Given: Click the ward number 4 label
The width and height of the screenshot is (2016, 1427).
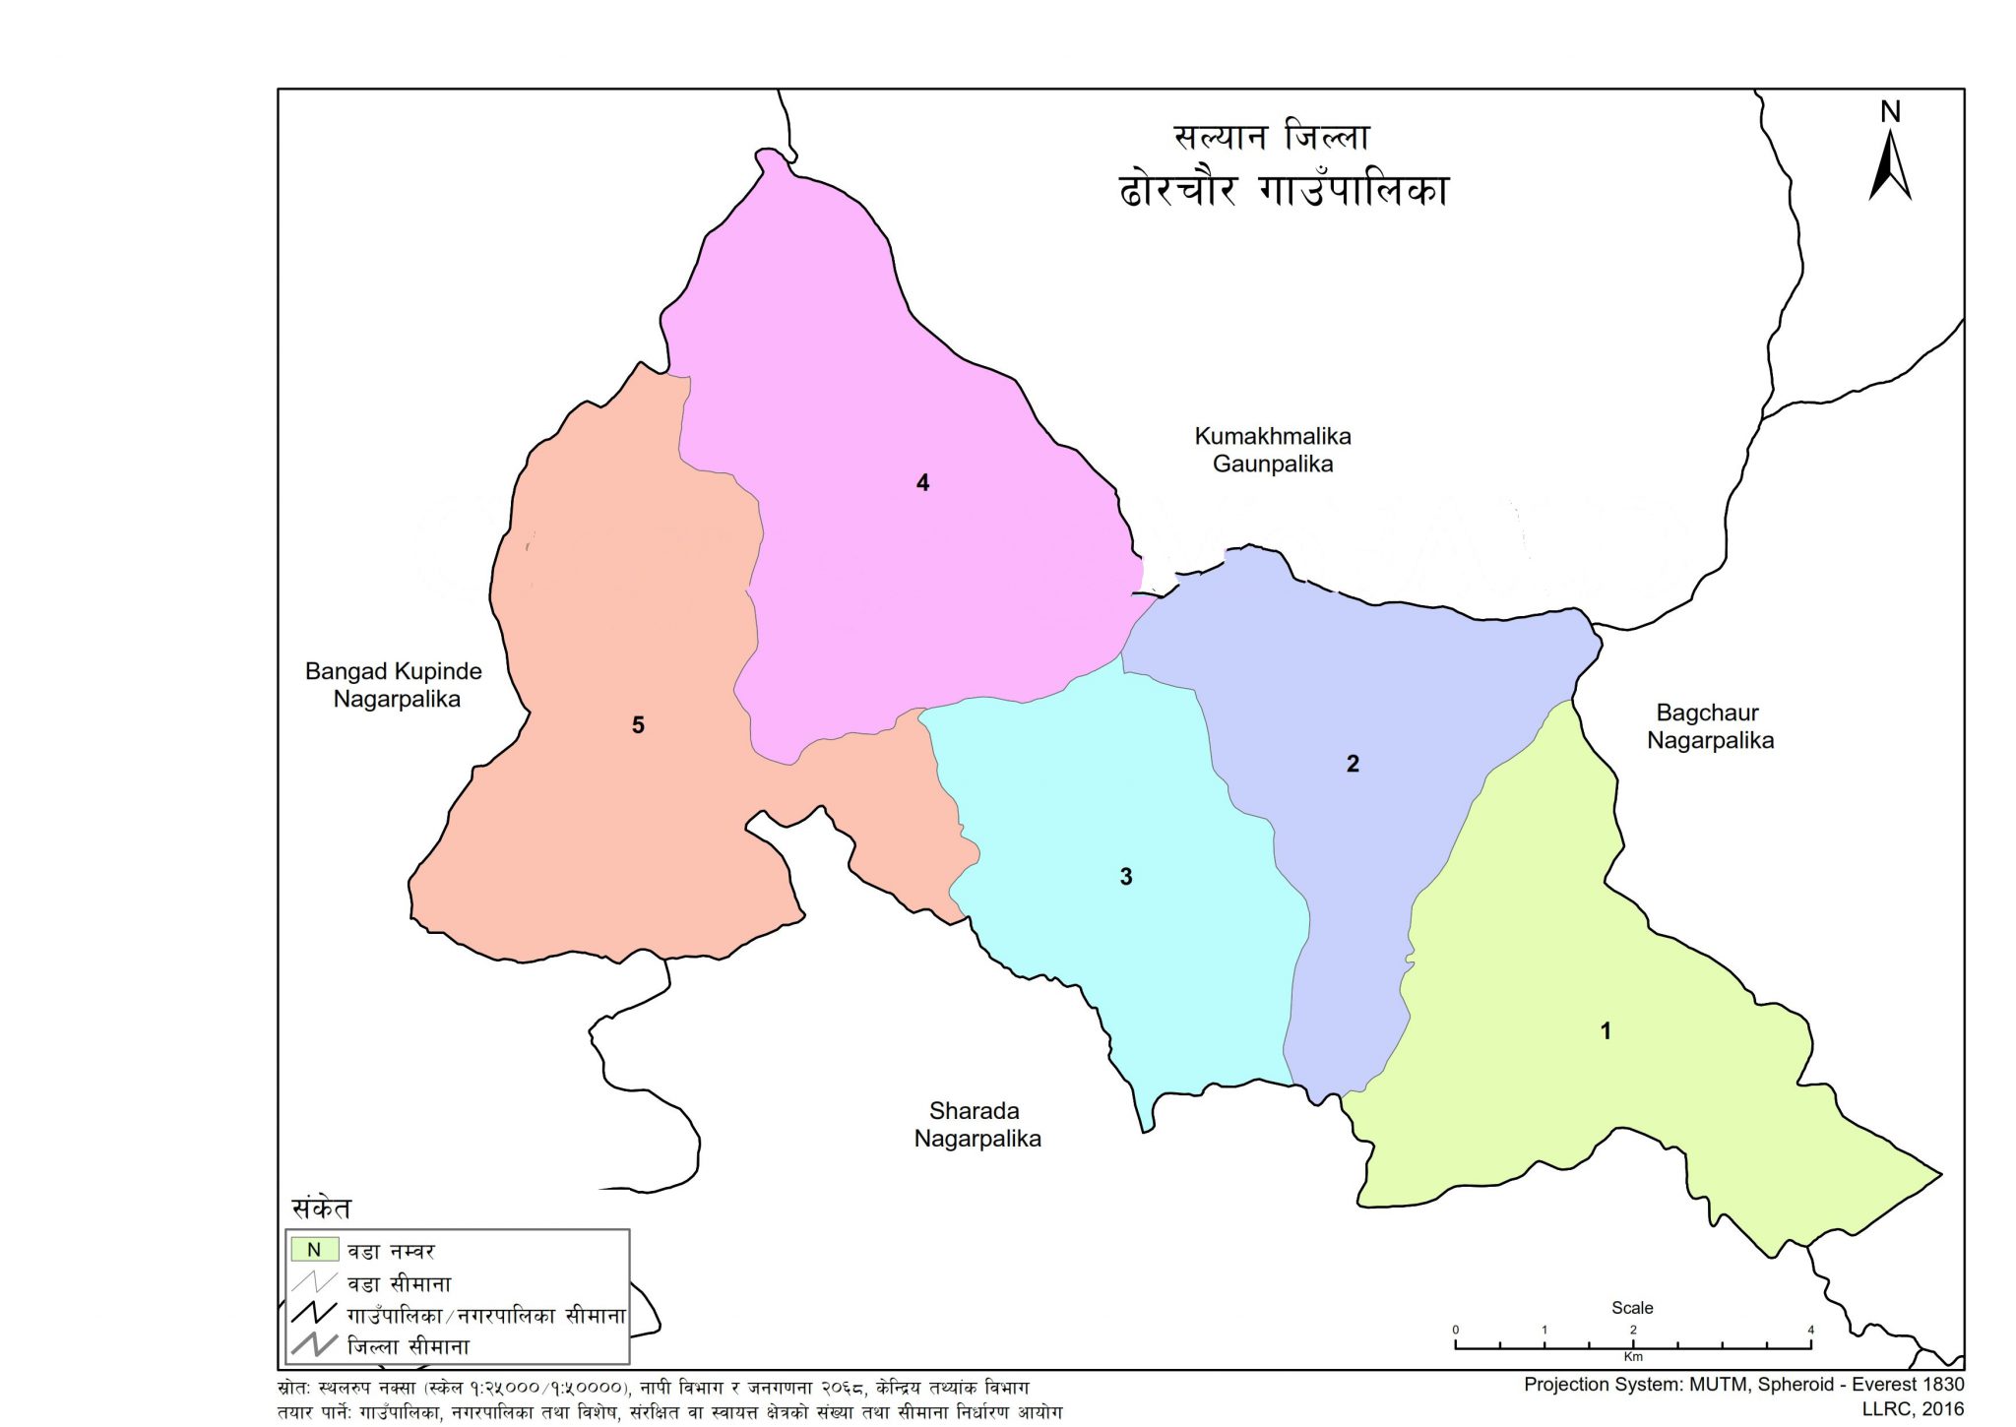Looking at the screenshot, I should click(x=922, y=482).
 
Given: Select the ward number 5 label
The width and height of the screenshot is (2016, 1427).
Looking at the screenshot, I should click(x=638, y=725).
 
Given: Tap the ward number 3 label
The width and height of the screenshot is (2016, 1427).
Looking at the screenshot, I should click(x=1126, y=877).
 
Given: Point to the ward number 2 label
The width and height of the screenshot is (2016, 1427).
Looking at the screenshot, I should click(x=1353, y=764).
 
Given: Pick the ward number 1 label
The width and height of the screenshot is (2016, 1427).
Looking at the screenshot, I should click(x=1606, y=1031).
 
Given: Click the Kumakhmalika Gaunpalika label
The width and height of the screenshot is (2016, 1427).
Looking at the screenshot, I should click(x=1272, y=450).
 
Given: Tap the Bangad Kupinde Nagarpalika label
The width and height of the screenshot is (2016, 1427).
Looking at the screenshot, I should click(x=394, y=685).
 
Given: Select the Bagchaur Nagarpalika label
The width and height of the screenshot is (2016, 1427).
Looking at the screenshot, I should click(x=1710, y=726).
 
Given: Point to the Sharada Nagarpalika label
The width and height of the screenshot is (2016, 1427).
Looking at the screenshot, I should click(x=976, y=1125).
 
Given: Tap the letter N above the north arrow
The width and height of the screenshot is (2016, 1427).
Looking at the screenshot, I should click(x=1890, y=112).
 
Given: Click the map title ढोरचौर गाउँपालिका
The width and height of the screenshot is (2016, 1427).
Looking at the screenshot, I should click(x=1284, y=189).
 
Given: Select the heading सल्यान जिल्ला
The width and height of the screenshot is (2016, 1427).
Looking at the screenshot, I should click(x=1271, y=137).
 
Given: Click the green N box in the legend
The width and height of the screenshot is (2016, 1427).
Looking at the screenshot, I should click(x=314, y=1250).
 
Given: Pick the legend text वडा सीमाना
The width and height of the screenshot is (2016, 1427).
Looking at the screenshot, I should click(x=399, y=1283).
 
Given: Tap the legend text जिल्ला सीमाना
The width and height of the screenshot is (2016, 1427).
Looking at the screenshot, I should click(x=409, y=1346).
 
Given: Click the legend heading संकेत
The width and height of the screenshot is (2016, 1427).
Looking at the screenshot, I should click(x=321, y=1209).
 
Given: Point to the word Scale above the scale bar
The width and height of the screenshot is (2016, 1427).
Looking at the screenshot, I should click(x=1632, y=1308).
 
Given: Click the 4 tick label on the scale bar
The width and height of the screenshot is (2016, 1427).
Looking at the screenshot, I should click(x=1810, y=1330).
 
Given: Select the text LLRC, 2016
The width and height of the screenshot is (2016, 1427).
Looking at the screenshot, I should click(x=1912, y=1409).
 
